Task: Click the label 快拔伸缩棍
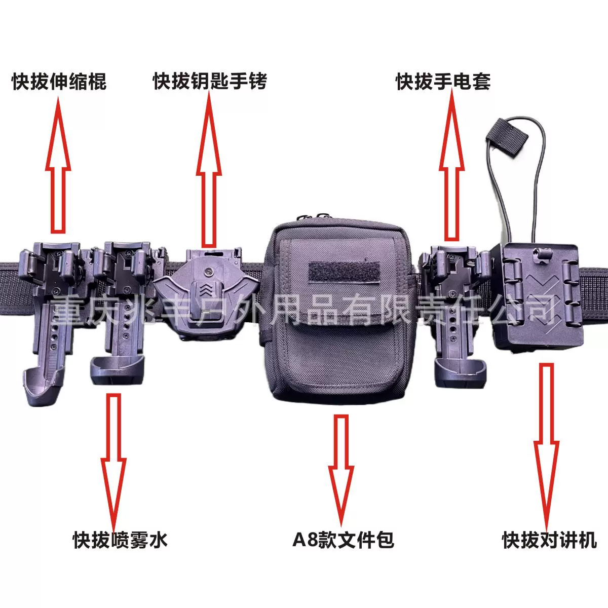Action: pyautogui.click(x=59, y=82)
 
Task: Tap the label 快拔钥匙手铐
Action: pyautogui.click(x=210, y=82)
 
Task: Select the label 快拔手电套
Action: pyautogui.click(x=443, y=82)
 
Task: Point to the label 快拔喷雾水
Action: pyautogui.click(x=120, y=540)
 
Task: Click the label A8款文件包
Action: pyautogui.click(x=343, y=540)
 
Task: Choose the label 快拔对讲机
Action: pyautogui.click(x=549, y=540)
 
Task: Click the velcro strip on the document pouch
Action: pyautogui.click(x=345, y=272)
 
